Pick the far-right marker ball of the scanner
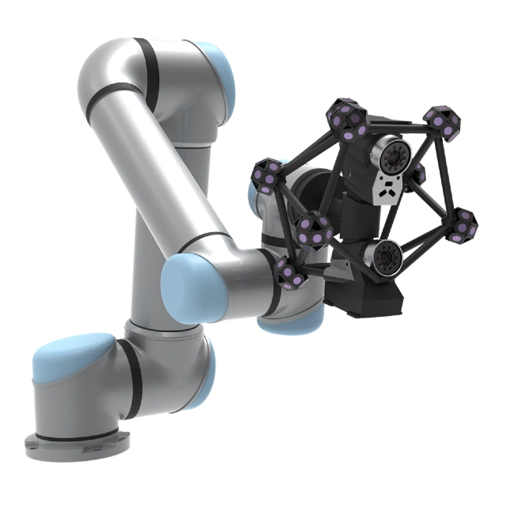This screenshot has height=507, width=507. coord(463,224)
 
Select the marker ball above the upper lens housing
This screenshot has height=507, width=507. coord(349,119)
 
